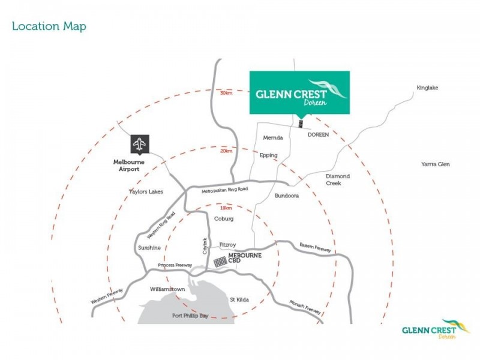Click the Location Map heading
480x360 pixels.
tap(49, 26)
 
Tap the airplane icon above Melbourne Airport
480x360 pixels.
tap(139, 144)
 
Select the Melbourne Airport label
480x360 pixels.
tap(126, 166)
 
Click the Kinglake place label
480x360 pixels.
tap(428, 88)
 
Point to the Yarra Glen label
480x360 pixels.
tap(435, 164)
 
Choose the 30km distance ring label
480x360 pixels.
tap(226, 93)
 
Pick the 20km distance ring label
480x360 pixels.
tap(226, 151)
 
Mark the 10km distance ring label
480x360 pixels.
tap(226, 208)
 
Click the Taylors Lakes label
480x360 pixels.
tap(146, 192)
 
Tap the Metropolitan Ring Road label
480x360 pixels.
tap(224, 190)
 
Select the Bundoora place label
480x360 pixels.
tap(287, 196)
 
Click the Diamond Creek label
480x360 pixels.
tap(338, 179)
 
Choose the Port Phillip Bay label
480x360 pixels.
tap(190, 316)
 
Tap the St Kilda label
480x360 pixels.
tap(239, 299)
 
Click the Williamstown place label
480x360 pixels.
tap(167, 289)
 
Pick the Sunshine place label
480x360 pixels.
tap(149, 247)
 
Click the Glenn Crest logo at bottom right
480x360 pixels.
tap(436, 329)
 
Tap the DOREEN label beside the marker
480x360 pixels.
tap(318, 135)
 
